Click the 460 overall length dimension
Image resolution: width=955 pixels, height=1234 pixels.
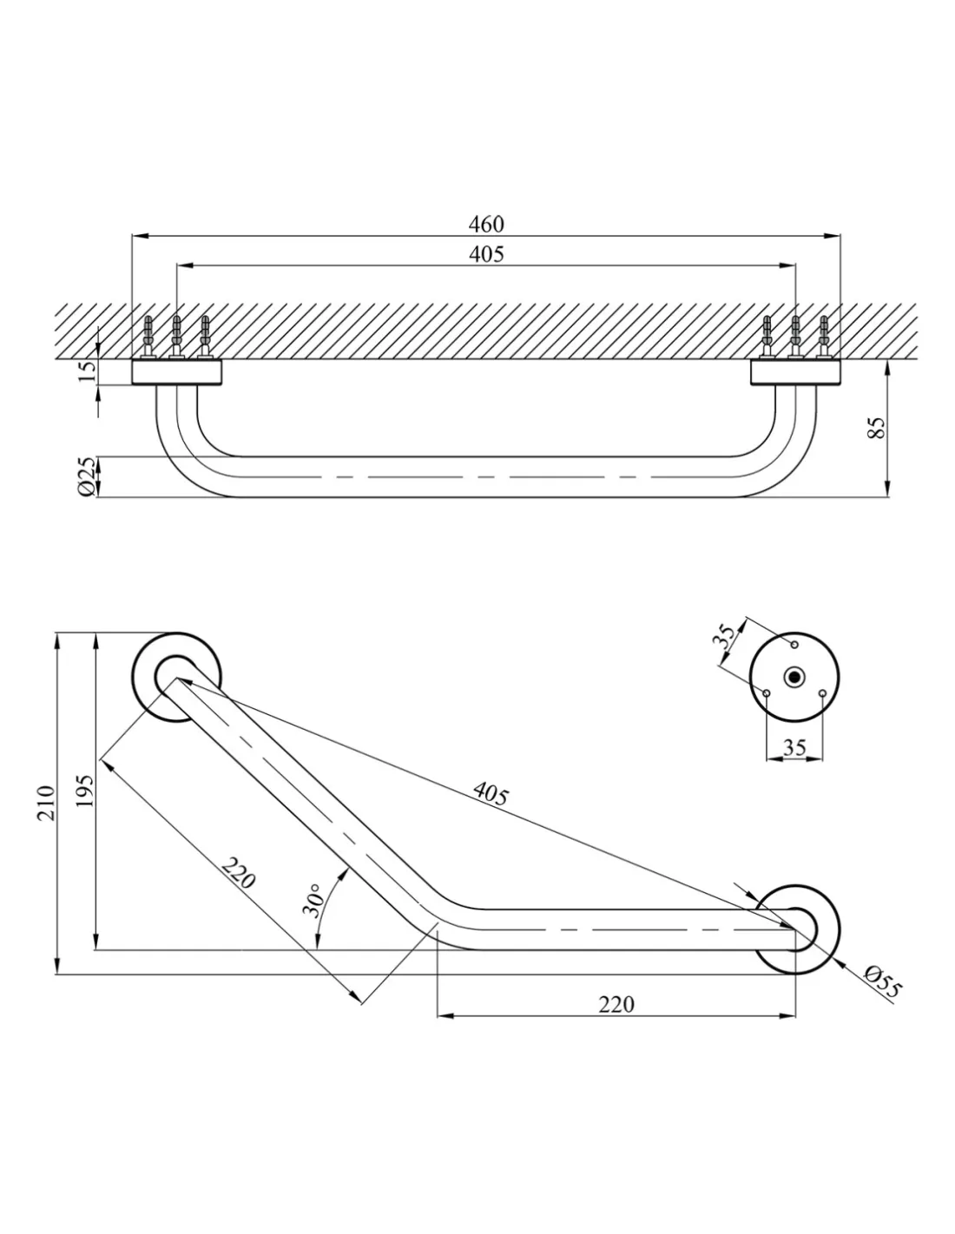click(x=486, y=224)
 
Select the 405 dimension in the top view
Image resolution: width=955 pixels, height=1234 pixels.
click(x=486, y=253)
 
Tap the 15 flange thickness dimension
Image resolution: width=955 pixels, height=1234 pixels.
click(x=88, y=371)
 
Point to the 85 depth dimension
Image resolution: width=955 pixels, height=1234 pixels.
click(x=879, y=427)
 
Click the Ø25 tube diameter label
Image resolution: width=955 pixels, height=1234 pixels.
click(x=87, y=477)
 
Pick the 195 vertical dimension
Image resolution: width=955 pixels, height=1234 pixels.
click(x=84, y=791)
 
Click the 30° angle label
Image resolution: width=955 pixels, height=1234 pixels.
click(x=313, y=900)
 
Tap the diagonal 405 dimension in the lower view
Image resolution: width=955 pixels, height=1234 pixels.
click(x=491, y=793)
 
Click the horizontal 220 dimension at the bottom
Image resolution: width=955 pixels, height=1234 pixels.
click(x=616, y=1004)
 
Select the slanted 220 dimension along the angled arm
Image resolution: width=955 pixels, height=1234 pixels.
click(x=237, y=873)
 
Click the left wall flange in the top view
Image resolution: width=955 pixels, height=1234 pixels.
click(x=177, y=373)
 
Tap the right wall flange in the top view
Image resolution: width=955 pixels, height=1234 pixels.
click(x=795, y=373)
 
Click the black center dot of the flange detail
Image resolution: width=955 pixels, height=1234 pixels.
click(x=794, y=676)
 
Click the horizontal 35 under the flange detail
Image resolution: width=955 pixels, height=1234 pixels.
click(x=794, y=746)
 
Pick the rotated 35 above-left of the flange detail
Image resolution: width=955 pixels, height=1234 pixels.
click(x=727, y=636)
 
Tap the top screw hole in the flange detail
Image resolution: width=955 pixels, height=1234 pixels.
click(x=794, y=644)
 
